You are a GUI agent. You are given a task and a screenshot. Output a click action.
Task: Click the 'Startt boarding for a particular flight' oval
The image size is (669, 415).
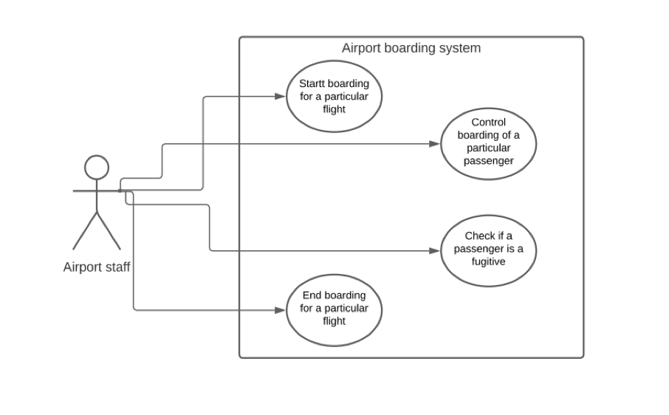[334, 97]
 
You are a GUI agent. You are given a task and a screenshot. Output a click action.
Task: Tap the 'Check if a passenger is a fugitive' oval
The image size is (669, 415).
[488, 249]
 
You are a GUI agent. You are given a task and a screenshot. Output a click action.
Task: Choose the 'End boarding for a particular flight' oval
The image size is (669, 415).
[334, 309]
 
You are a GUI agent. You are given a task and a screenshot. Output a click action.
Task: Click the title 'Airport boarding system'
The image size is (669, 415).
[411, 49]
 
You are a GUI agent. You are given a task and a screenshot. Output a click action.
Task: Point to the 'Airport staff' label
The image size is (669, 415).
[97, 267]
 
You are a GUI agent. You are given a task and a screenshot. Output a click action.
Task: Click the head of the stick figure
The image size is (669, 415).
[97, 168]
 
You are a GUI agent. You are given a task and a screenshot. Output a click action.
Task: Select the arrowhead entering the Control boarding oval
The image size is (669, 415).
[435, 144]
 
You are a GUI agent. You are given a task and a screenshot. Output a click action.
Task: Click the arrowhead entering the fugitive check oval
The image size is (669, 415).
[435, 251]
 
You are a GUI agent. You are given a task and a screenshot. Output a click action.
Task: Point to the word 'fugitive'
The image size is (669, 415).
[488, 261]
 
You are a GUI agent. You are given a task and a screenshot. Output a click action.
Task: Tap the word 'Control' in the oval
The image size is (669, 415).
[488, 122]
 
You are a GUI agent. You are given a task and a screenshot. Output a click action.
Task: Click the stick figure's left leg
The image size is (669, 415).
[85, 232]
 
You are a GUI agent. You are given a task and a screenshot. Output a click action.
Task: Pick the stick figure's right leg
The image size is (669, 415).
[109, 232]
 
